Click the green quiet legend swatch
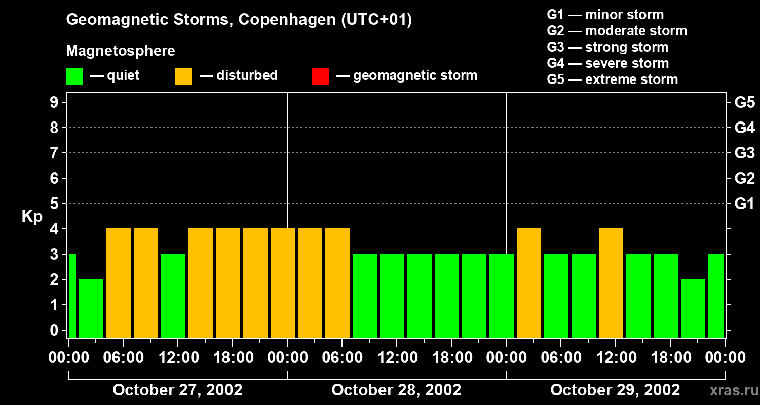(74, 76)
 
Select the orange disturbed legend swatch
(183, 76)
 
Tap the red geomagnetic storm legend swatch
(320, 76)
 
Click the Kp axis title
(32, 217)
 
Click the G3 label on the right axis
(744, 153)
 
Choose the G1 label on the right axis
(744, 204)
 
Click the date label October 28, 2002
(396, 390)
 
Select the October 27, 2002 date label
(177, 390)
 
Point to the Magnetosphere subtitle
(121, 51)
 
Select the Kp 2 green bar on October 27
(91, 308)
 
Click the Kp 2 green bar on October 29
(693, 308)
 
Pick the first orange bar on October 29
(529, 283)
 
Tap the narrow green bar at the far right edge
(716, 296)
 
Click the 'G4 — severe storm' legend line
(608, 63)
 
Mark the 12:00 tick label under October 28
(396, 358)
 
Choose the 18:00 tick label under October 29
(670, 358)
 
